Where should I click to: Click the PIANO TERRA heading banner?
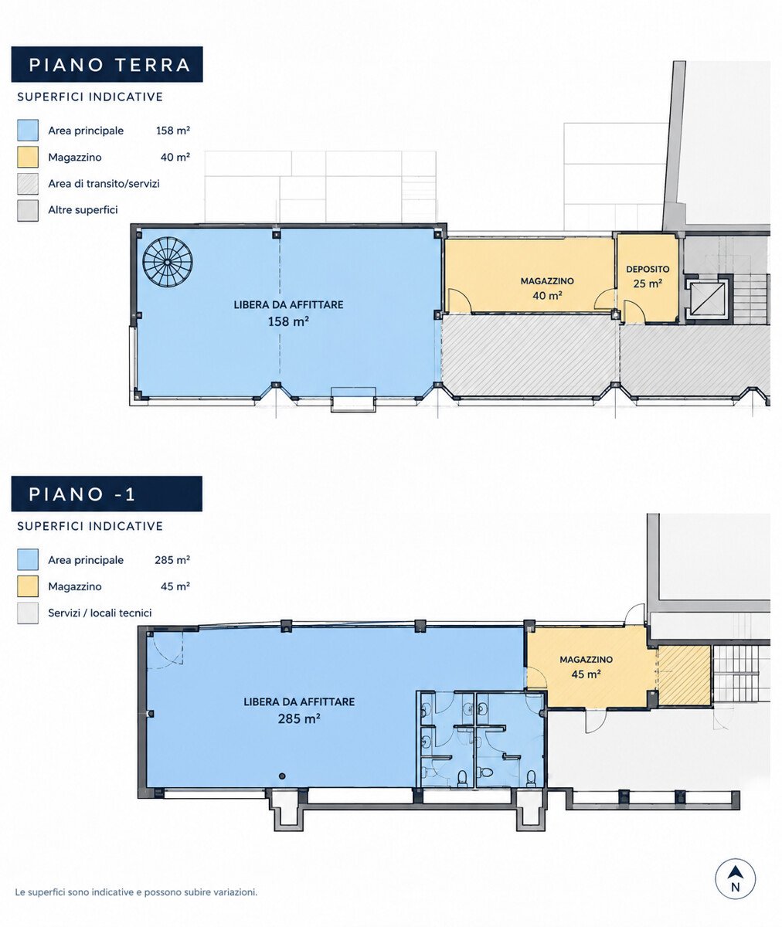107,64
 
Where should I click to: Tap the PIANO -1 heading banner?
107,494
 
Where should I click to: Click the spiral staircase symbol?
168,262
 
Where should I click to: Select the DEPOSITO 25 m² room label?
648,277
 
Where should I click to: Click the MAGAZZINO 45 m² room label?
586,667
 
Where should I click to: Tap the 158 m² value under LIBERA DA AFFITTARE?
288,321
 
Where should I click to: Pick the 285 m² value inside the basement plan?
299,718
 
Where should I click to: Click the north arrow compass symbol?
735,879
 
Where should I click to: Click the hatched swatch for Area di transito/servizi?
28,183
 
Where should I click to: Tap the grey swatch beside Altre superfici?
28,210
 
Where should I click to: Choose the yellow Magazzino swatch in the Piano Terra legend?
28,157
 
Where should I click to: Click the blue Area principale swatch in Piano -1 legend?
28,560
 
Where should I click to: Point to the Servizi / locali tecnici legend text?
100,613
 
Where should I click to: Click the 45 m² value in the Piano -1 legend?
175,586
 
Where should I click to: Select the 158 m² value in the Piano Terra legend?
173,131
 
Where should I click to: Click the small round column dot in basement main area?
282,776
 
